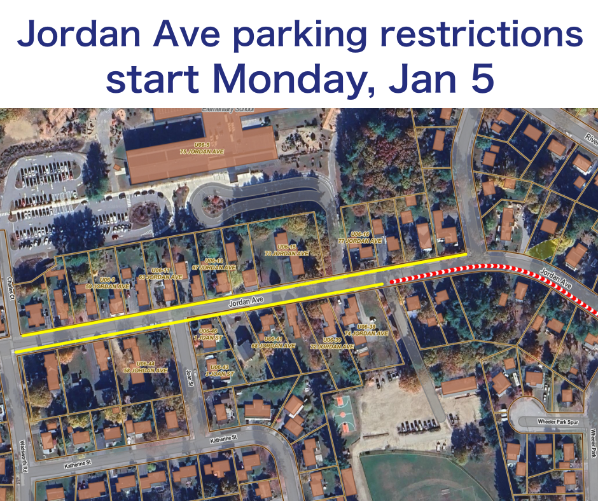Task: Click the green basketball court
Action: (x=342, y=413)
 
